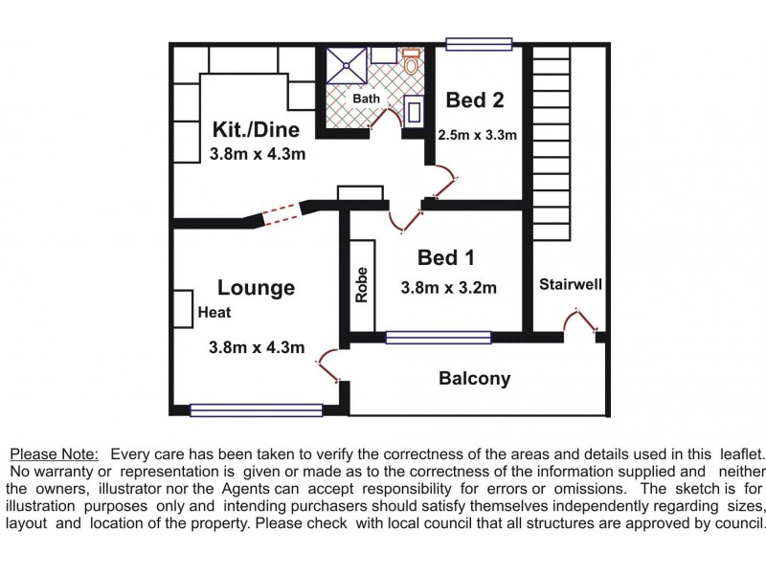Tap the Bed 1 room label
click(446, 257)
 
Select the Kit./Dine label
click(256, 130)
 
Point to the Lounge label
click(256, 287)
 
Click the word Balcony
click(474, 378)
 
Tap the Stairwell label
click(569, 284)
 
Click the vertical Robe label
click(362, 284)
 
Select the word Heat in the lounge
click(214, 312)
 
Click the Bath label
click(367, 99)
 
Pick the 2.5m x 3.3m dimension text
click(477, 135)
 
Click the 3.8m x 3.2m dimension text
click(448, 287)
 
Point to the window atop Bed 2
click(479, 43)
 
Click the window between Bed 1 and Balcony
click(439, 337)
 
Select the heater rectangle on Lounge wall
click(182, 310)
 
